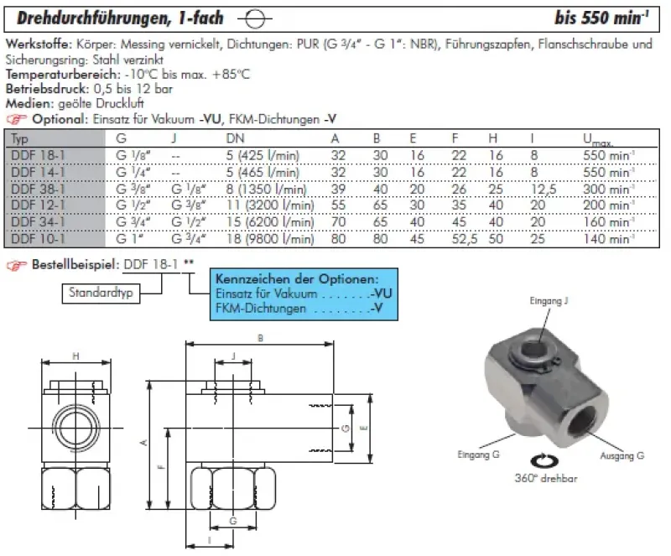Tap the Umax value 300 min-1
coord(605,190)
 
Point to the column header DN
coord(236,138)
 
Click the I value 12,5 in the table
coord(542,190)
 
